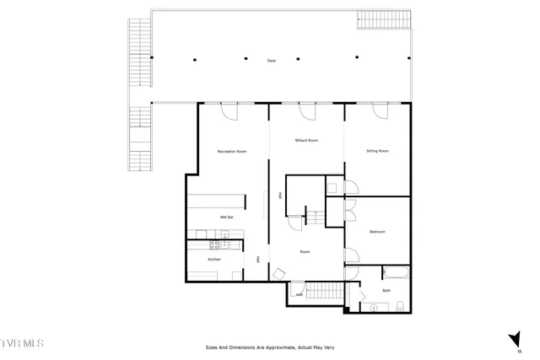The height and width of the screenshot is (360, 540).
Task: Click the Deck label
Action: tap(271, 61)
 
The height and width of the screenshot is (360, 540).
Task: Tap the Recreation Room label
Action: tap(231, 151)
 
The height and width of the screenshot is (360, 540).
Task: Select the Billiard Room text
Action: tap(306, 140)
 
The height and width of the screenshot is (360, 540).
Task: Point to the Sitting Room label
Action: tap(377, 151)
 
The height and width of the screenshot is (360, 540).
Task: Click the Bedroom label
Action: tap(377, 231)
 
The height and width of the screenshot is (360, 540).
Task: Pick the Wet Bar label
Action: tap(226, 218)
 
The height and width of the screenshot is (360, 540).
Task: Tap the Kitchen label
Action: tap(214, 260)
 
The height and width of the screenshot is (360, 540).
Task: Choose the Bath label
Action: tap(386, 291)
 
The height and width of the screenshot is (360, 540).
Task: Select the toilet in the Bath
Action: tap(402, 305)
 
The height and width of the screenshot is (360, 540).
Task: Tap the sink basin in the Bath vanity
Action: tap(372, 308)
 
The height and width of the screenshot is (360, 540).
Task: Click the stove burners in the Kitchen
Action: tap(214, 245)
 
